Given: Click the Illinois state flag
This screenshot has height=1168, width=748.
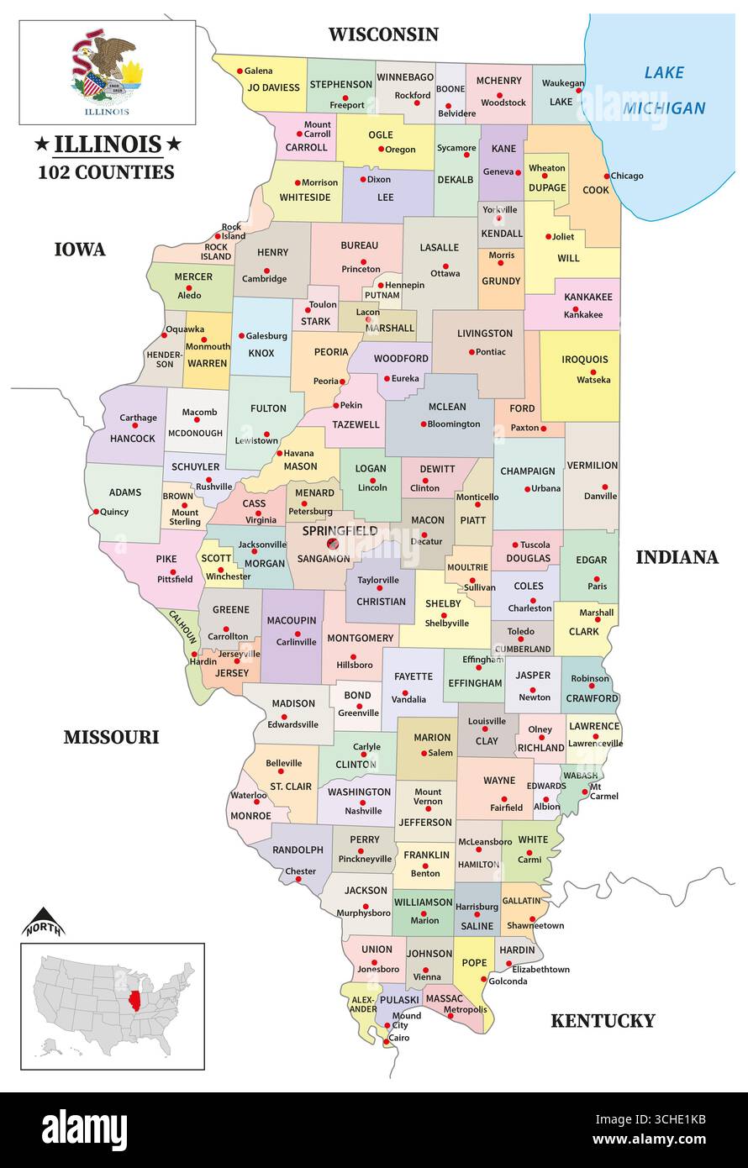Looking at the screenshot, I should click(x=108, y=72).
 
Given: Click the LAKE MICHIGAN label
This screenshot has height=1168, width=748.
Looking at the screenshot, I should click(x=664, y=91).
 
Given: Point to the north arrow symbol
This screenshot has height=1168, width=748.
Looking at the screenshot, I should click(x=43, y=923).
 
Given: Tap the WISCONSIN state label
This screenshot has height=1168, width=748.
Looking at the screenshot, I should click(x=382, y=34).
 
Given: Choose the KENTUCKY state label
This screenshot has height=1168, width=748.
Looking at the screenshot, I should click(x=602, y=1021).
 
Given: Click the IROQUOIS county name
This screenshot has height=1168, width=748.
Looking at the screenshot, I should click(x=586, y=360).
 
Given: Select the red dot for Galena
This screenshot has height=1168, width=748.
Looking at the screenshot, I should click(x=240, y=71).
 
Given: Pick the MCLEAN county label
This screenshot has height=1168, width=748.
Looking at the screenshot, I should click(x=446, y=407).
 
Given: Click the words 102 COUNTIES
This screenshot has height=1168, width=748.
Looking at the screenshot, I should click(x=106, y=172).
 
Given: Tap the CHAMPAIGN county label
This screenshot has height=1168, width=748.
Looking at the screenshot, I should click(x=528, y=471).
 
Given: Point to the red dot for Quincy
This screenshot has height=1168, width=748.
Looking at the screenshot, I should click(x=97, y=511).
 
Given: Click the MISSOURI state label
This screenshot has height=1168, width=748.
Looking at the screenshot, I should click(x=111, y=738).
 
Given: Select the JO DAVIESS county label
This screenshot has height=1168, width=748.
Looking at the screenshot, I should click(x=273, y=87).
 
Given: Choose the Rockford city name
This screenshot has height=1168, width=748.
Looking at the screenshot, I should click(x=412, y=96).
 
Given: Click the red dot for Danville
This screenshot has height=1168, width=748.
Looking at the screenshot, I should click(x=604, y=487).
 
